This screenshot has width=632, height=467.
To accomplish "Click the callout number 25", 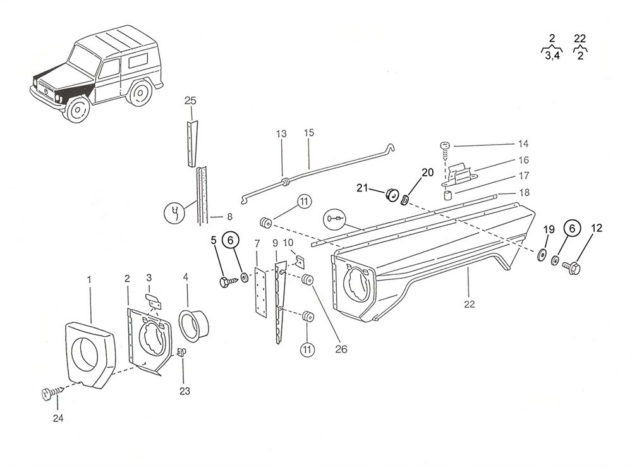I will pos(190,100).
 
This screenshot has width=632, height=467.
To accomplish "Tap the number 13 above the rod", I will pos(281,134).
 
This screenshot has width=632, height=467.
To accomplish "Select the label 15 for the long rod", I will pos(308,134).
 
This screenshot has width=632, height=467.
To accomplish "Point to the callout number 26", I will pos(341,348).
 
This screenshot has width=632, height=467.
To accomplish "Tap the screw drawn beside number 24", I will pos(53,394).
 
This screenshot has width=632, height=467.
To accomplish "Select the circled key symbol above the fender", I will pos(334,219).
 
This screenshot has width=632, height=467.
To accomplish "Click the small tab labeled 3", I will pos(152,299).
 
